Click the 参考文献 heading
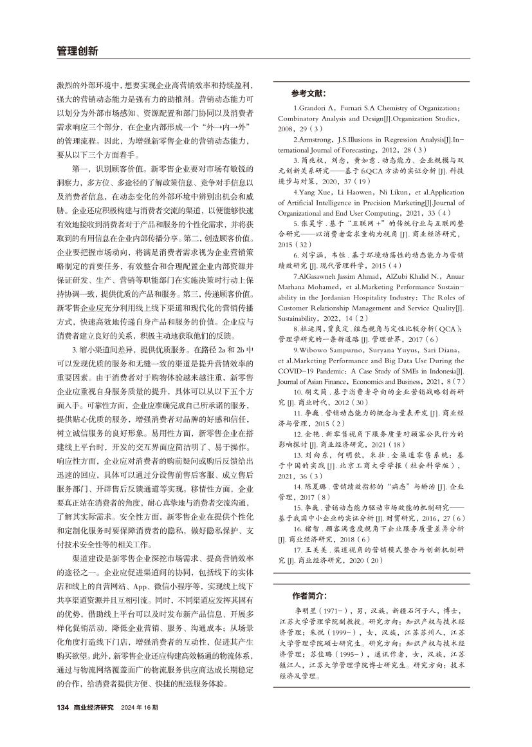(x=309, y=93)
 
